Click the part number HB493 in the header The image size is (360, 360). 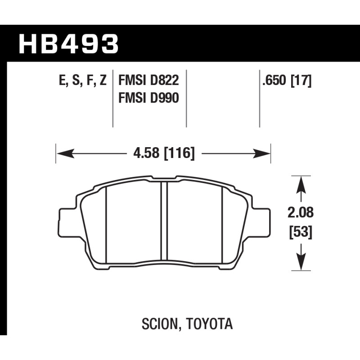69,44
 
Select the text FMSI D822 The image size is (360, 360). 148,81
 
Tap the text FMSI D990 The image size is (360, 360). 148,98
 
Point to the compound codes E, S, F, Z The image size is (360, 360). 83,81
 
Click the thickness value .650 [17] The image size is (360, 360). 287,81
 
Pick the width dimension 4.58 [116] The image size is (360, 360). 164,153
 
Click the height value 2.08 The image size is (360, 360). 301,212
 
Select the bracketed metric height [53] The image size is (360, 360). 301,232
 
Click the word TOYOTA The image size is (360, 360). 209,324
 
